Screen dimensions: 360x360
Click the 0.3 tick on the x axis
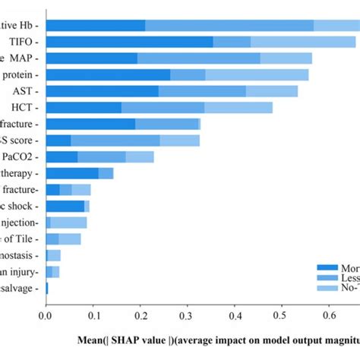tap(188, 311)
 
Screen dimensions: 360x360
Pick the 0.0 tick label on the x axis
tap(46, 311)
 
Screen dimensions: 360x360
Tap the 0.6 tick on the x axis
tap(330, 311)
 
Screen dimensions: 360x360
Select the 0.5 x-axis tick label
tap(283, 311)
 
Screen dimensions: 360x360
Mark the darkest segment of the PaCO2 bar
tap(62, 156)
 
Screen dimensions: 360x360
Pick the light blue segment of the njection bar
tap(69, 223)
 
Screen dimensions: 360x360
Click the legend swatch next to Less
tap(329, 279)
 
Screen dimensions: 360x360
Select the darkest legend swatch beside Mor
tap(329, 268)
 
